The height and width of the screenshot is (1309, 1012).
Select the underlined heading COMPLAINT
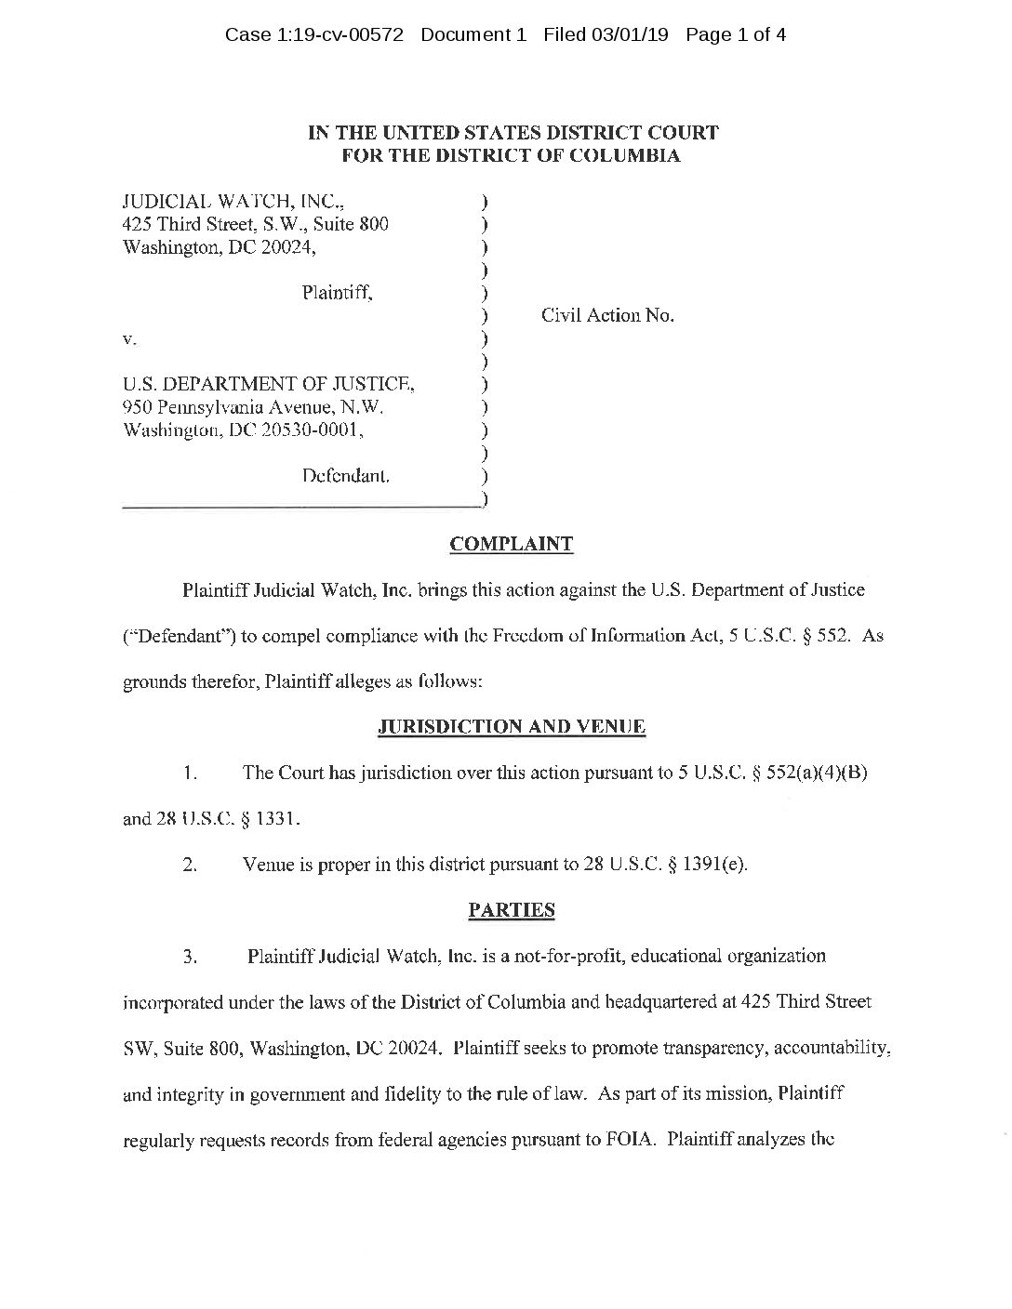click(x=512, y=545)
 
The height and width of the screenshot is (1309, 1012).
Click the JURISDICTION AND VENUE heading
click(x=512, y=727)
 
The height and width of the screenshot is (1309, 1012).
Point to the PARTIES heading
click(x=512, y=910)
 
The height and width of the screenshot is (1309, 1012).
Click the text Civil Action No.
click(x=607, y=316)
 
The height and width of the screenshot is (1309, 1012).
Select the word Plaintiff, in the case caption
click(x=338, y=293)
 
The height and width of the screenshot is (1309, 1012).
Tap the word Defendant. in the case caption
click(x=345, y=476)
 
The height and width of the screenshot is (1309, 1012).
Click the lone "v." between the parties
click(x=130, y=339)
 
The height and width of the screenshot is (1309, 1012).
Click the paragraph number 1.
click(x=190, y=773)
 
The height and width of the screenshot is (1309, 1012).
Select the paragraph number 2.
click(x=190, y=865)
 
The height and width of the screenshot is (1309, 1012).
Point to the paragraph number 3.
click(x=190, y=956)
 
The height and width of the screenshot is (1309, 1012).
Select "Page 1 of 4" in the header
click(x=736, y=35)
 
